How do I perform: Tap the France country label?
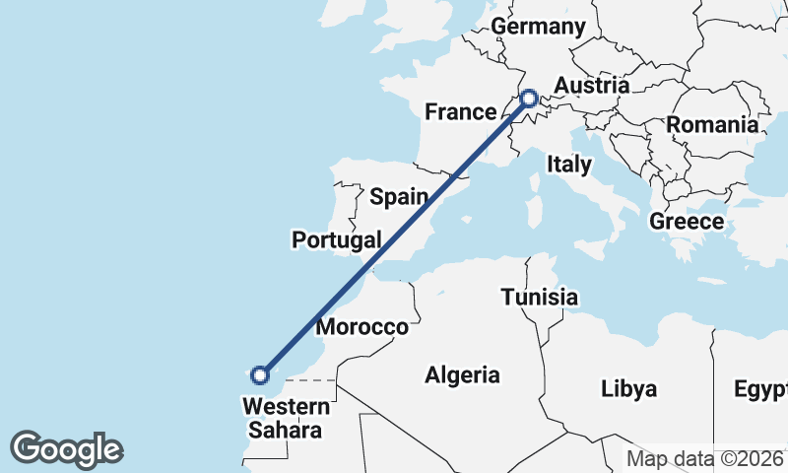[x=459, y=111]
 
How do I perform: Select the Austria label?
[x=591, y=86]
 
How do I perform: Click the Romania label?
[x=712, y=125]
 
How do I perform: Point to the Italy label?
[x=569, y=164]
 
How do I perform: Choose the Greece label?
[x=687, y=222]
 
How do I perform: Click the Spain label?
[x=399, y=196]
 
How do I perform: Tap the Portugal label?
[x=336, y=239]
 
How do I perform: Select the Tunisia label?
[x=539, y=297]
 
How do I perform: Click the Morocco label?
[x=362, y=327]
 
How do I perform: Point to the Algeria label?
[x=462, y=374]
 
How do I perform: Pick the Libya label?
[x=628, y=388]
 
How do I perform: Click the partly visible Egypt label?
[x=760, y=388]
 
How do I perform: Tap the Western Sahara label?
[x=287, y=418]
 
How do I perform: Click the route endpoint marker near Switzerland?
[x=529, y=99]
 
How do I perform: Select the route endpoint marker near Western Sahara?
[x=260, y=374]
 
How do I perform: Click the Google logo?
[x=66, y=448]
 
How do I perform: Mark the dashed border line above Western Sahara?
[x=310, y=378]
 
